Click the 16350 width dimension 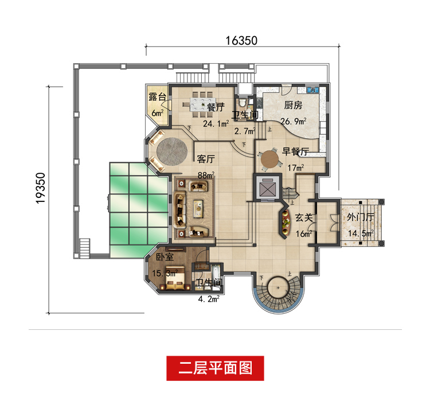click(x=241, y=40)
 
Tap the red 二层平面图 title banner click(x=215, y=368)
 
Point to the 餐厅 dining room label click(x=215, y=107)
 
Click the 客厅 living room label click(x=205, y=158)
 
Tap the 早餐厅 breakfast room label click(x=296, y=152)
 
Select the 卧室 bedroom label click(x=165, y=257)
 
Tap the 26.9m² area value click(x=293, y=121)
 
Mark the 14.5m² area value click(x=361, y=233)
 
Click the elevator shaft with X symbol click(x=267, y=188)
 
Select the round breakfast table click(x=268, y=161)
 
